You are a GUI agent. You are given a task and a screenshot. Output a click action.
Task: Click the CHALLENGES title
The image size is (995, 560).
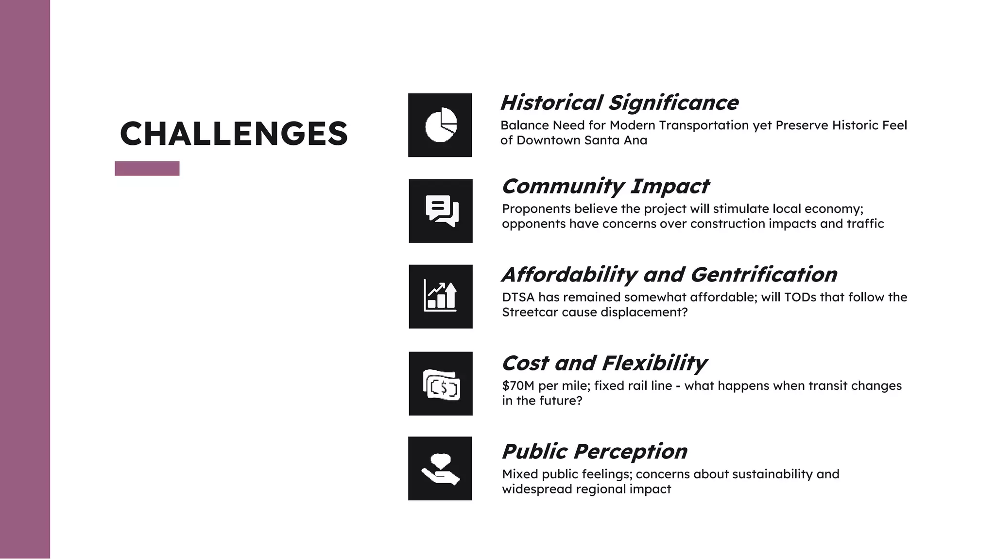[234, 134]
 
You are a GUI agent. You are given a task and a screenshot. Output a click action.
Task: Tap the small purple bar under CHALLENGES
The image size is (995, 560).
[147, 168]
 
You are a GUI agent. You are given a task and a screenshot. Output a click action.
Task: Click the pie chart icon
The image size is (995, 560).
[440, 125]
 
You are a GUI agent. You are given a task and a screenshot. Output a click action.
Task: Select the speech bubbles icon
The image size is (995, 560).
[441, 211]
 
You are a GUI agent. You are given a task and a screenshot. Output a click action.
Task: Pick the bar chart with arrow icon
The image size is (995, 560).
[441, 297]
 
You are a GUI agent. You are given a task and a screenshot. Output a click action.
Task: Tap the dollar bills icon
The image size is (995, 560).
[441, 384]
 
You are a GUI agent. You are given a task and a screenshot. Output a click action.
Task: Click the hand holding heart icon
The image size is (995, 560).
[440, 468]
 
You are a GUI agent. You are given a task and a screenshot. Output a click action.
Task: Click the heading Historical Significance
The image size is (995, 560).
[619, 103]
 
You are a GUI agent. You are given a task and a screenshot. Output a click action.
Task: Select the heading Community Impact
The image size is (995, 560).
[605, 186]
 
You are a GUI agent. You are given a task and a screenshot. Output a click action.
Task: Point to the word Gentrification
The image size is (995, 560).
[763, 275]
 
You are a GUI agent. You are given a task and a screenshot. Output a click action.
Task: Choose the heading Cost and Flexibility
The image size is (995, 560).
[604, 363]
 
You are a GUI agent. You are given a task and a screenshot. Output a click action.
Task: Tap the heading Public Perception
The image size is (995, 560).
[594, 452]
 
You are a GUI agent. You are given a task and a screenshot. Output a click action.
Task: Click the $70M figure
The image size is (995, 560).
[518, 386]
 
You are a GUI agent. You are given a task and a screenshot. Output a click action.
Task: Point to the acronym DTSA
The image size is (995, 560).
[518, 297]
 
